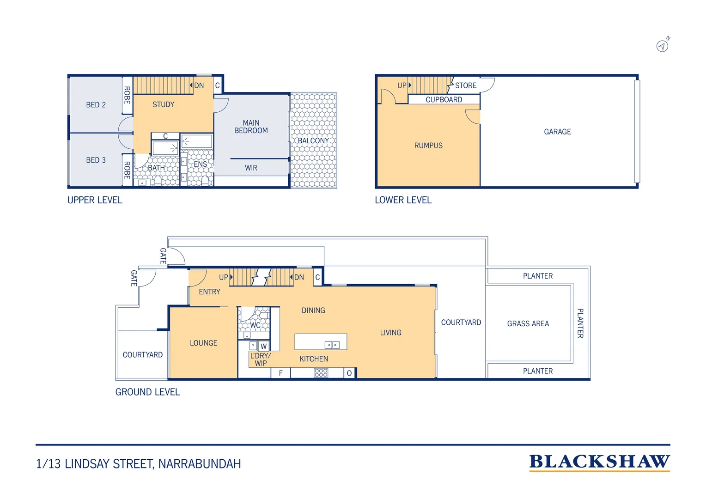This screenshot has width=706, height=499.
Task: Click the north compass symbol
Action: pyautogui.click(x=663, y=45)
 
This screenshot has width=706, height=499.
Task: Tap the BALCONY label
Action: pyautogui.click(x=313, y=140)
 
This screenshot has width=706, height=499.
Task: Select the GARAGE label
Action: pyautogui.click(x=557, y=132)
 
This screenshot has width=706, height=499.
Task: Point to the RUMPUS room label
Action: pyautogui.click(x=428, y=146)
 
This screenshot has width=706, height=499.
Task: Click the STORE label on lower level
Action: pyautogui.click(x=466, y=85)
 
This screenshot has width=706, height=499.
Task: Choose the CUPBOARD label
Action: pyautogui.click(x=444, y=100)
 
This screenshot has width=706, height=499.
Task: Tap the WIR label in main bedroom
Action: pyautogui.click(x=251, y=168)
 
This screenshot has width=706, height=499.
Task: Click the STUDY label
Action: pyautogui.click(x=163, y=105)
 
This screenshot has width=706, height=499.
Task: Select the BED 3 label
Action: pyautogui.click(x=96, y=160)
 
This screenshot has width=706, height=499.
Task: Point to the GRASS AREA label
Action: pyautogui.click(x=528, y=324)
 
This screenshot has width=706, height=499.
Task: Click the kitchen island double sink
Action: pyautogui.click(x=332, y=345)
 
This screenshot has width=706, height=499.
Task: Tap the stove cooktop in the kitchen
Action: pyautogui.click(x=321, y=373)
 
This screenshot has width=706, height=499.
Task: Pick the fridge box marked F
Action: pyautogui.click(x=280, y=373)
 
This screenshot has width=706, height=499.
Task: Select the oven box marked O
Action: pyautogui.click(x=349, y=373)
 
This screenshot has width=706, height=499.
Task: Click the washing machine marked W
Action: pyautogui.click(x=264, y=346)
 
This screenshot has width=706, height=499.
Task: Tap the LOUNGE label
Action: pyautogui.click(x=203, y=343)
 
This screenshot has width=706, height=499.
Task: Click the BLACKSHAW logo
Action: pyautogui.click(x=599, y=462)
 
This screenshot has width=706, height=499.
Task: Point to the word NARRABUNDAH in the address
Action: pyautogui.click(x=200, y=464)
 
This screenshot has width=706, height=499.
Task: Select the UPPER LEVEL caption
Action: pyautogui.click(x=95, y=200)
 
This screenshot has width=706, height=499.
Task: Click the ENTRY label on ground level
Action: pyautogui.click(x=209, y=292)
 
